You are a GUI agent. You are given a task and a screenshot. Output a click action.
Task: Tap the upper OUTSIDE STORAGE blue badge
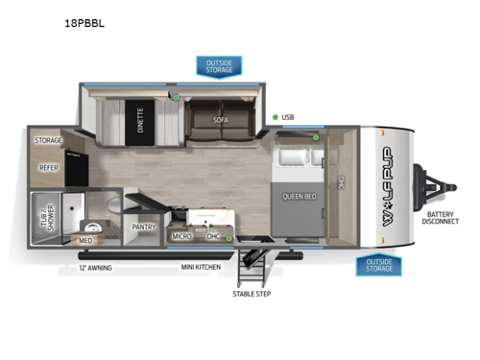click(220, 65)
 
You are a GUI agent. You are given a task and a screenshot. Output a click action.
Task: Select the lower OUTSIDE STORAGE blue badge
click(378, 264)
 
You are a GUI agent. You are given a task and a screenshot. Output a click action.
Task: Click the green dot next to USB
click(275, 117)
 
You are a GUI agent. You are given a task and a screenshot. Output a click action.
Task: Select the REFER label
click(49, 167)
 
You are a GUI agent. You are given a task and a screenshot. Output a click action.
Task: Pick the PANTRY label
click(142, 228)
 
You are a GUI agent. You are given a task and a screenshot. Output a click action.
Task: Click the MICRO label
click(181, 235)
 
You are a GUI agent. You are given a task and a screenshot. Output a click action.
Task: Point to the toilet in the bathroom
click(111, 204)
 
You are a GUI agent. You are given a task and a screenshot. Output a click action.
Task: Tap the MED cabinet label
click(86, 240)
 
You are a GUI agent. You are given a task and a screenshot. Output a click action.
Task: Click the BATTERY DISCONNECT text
click(443, 217)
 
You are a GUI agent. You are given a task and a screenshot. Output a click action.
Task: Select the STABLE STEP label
click(251, 293)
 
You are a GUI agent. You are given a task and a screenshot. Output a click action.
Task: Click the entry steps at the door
click(252, 263)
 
